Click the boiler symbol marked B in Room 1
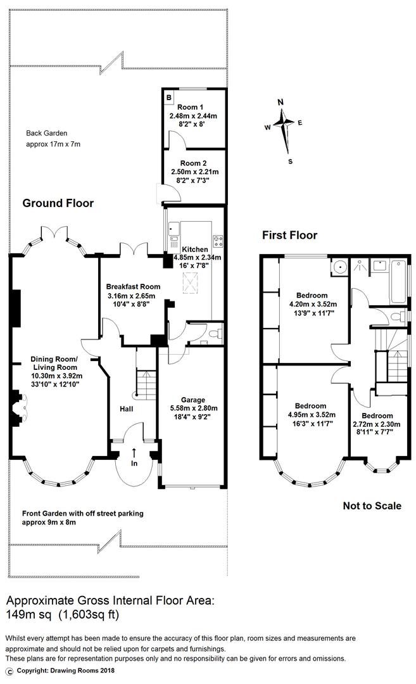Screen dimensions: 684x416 point(169,98)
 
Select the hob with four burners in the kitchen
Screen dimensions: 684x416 point(218,241)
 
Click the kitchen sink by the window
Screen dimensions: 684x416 point(173,239)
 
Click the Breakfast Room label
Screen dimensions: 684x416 point(133,286)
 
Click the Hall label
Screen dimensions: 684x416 point(126,410)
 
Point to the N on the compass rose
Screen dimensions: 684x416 point(281,103)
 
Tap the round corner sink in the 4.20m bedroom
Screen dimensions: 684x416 point(340,267)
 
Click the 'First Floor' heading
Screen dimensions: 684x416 point(289,236)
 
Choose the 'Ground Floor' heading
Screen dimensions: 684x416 point(58,203)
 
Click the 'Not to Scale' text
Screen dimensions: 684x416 point(372,505)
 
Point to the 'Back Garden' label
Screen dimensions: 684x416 point(46,134)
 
